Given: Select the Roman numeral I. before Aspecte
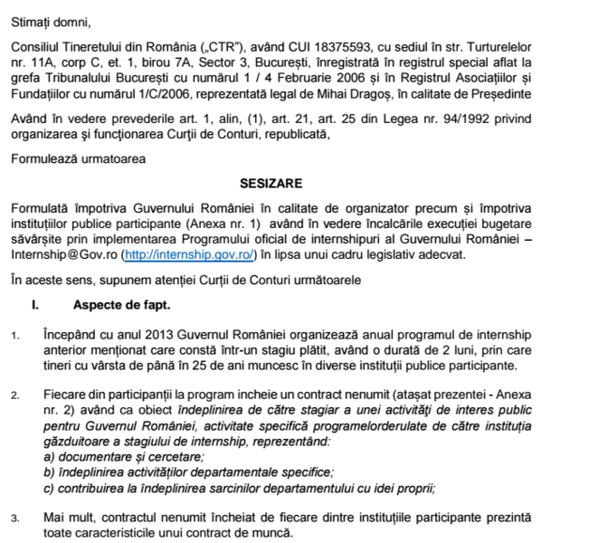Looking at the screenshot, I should pyautogui.click(x=34, y=307).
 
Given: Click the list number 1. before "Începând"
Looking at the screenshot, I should pyautogui.click(x=15, y=338).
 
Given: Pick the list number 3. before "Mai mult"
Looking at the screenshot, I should pyautogui.click(x=15, y=519).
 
